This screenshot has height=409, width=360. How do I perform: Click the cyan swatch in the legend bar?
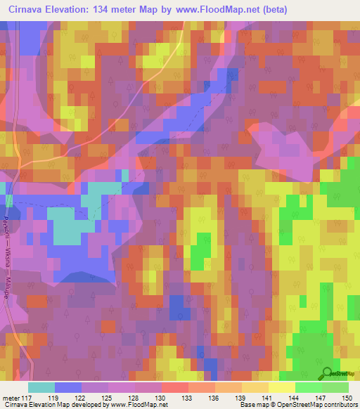pyautogui.click(x=41, y=387)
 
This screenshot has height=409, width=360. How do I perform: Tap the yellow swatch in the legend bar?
pyautogui.click(x=281, y=387)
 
